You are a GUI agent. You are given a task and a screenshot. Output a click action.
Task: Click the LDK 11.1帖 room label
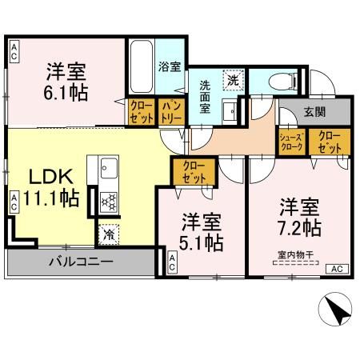[x=55, y=186]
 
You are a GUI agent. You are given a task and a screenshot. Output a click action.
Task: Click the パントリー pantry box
[x=170, y=111]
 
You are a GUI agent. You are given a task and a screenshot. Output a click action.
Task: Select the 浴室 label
[x=170, y=66]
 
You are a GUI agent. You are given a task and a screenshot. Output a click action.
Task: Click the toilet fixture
[x=277, y=80]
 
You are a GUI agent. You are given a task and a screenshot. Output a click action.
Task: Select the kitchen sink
[x=108, y=167]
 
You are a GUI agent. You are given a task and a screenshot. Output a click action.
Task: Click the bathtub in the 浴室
[x=141, y=67]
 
